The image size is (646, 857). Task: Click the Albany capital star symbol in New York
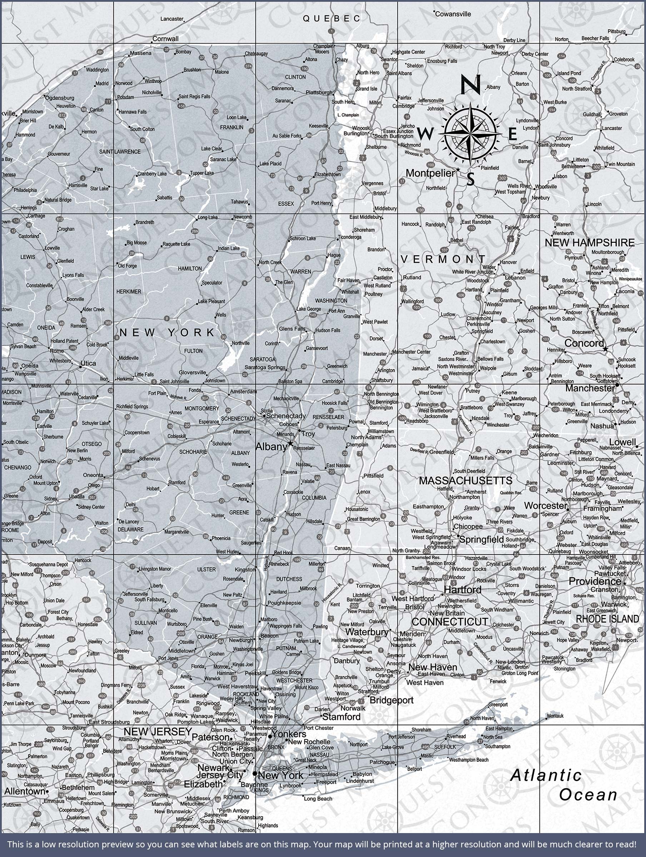pos(290,443)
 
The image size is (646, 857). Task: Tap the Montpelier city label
pos(430,173)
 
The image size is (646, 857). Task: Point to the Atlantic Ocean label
pos(564,784)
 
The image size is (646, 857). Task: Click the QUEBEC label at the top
pos(332,18)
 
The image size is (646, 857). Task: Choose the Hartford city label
pos(462,590)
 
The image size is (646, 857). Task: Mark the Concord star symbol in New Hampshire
pos(605,349)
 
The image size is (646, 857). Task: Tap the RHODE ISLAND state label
pos(607,619)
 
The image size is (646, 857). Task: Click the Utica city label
pos(88,363)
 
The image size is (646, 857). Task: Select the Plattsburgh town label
pos(319,92)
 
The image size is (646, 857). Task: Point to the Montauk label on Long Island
pos(555,716)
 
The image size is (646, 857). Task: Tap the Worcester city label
pos(546,506)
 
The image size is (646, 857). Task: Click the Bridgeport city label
pos(391,700)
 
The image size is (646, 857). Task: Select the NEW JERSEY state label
pos(158,731)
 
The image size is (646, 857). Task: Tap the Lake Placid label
pos(270,164)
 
